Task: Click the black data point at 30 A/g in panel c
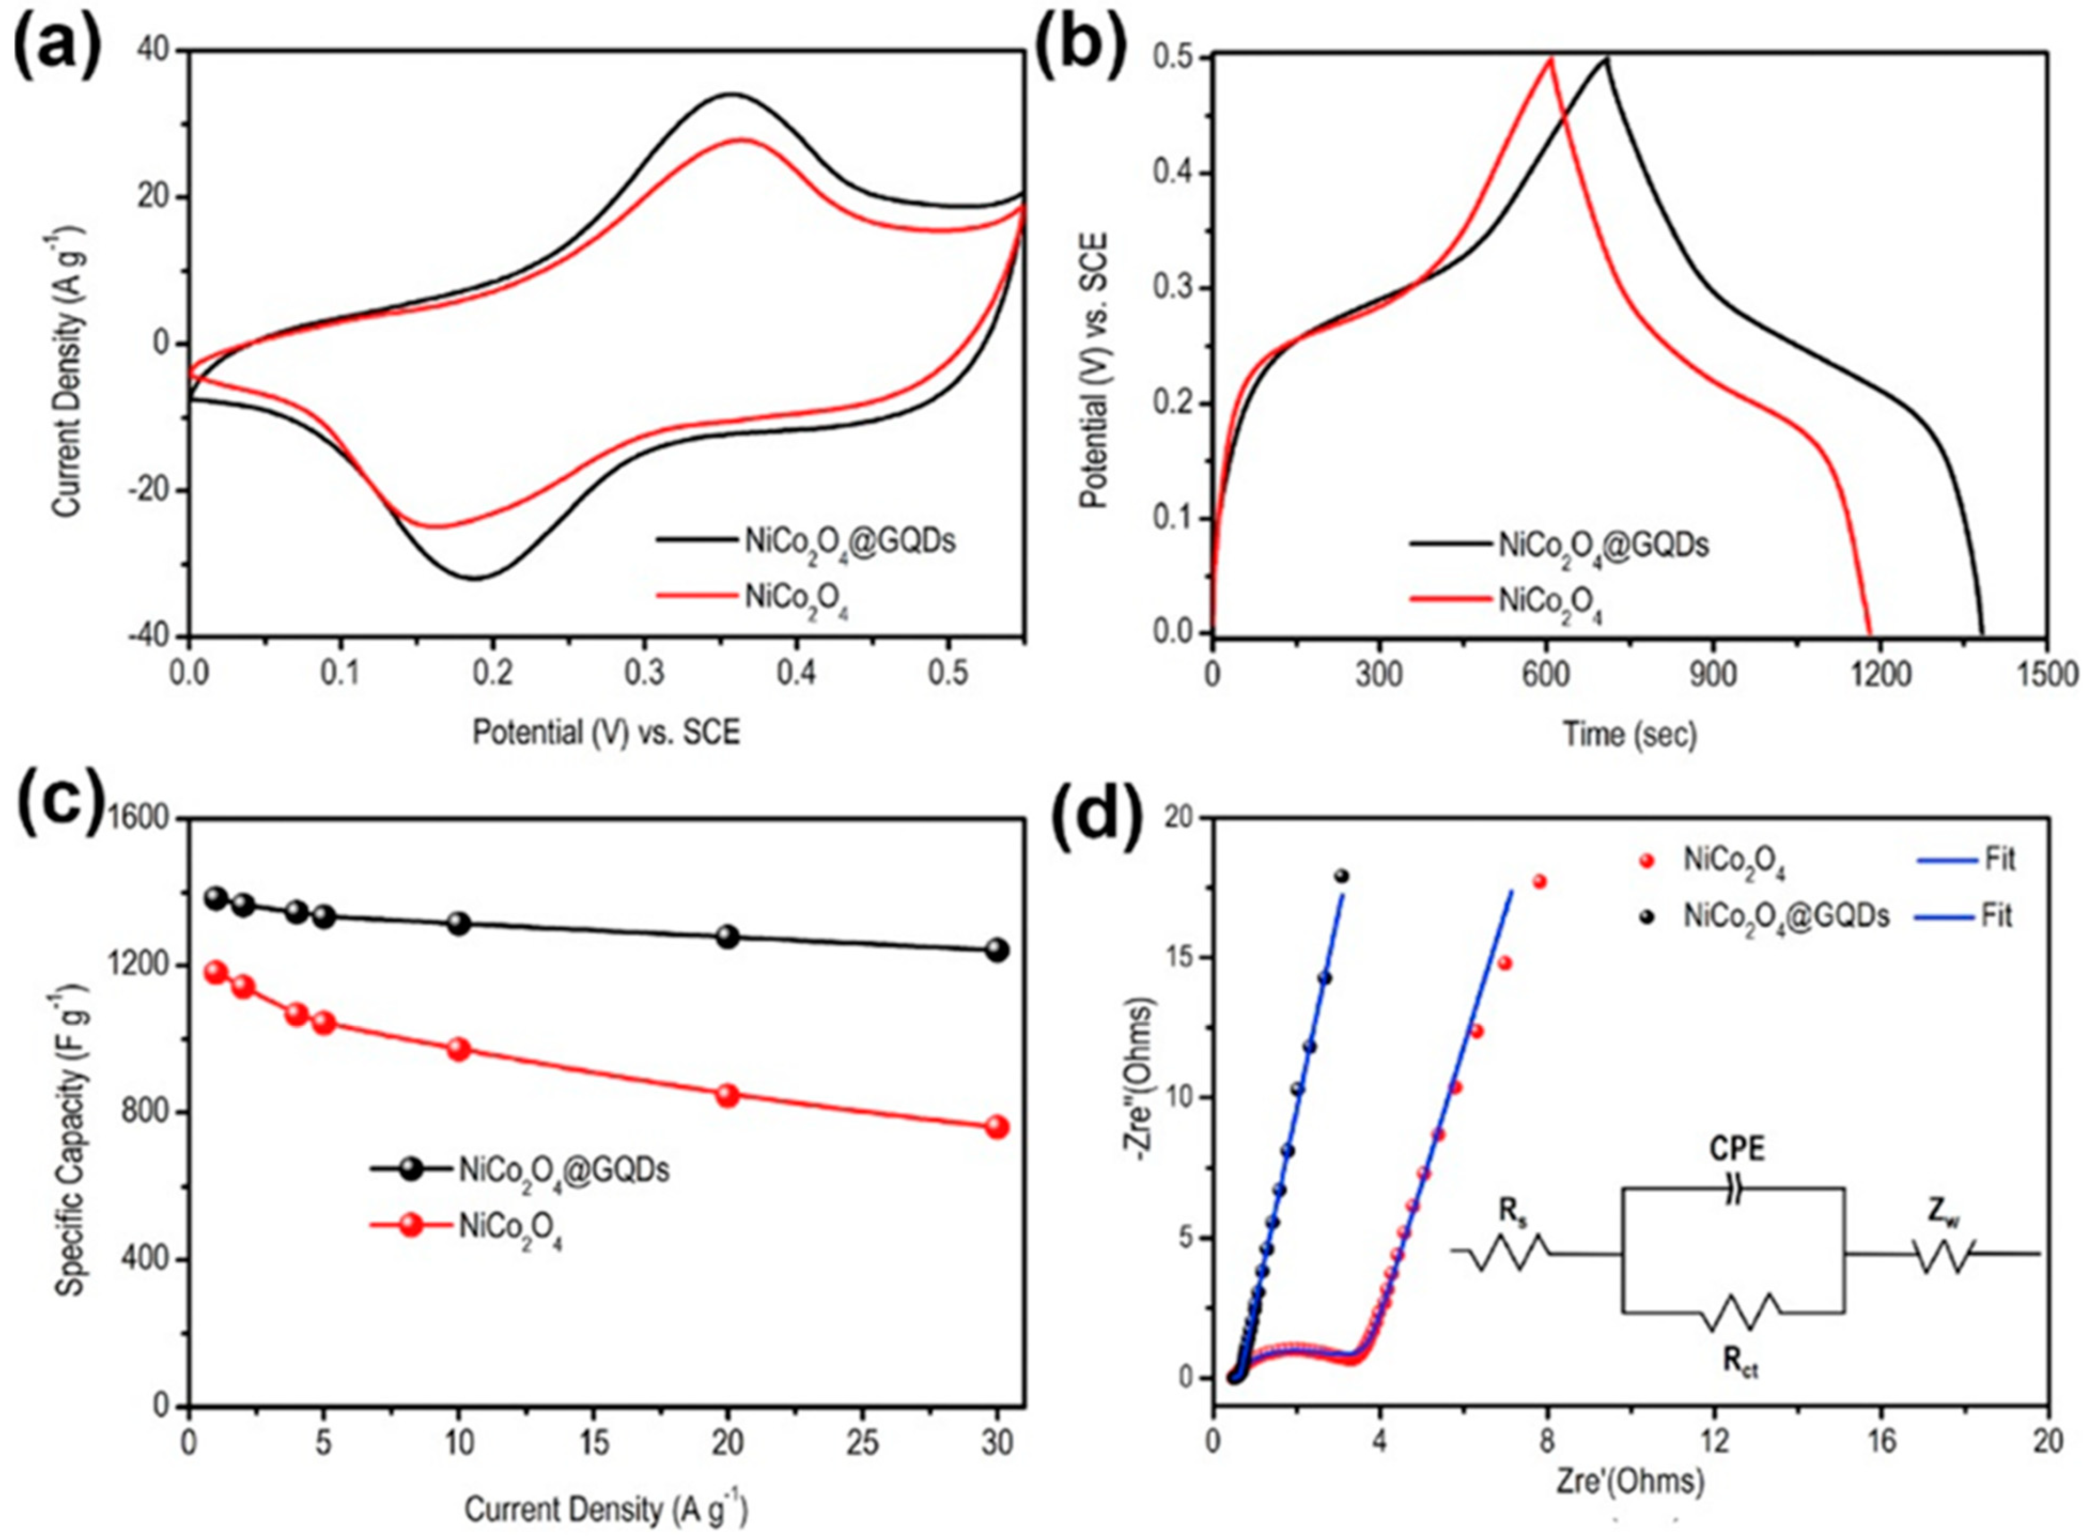click(x=997, y=950)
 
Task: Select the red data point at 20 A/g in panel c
click(x=728, y=1095)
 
